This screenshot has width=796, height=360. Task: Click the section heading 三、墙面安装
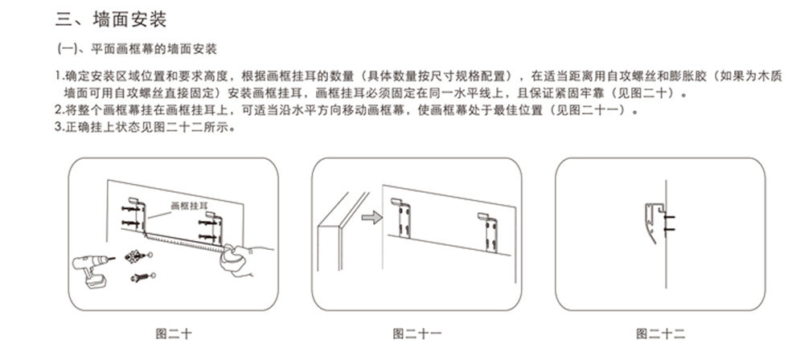[113, 18]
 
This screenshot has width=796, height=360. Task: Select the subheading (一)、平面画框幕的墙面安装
[136, 50]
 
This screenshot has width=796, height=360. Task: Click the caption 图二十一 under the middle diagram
[416, 333]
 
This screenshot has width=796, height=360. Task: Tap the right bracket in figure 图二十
[215, 227]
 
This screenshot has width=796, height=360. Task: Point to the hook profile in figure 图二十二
[653, 220]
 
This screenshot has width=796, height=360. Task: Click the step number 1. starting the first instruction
[59, 76]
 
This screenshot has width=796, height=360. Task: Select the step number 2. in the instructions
[59, 110]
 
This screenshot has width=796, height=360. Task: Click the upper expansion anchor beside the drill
[135, 256]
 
